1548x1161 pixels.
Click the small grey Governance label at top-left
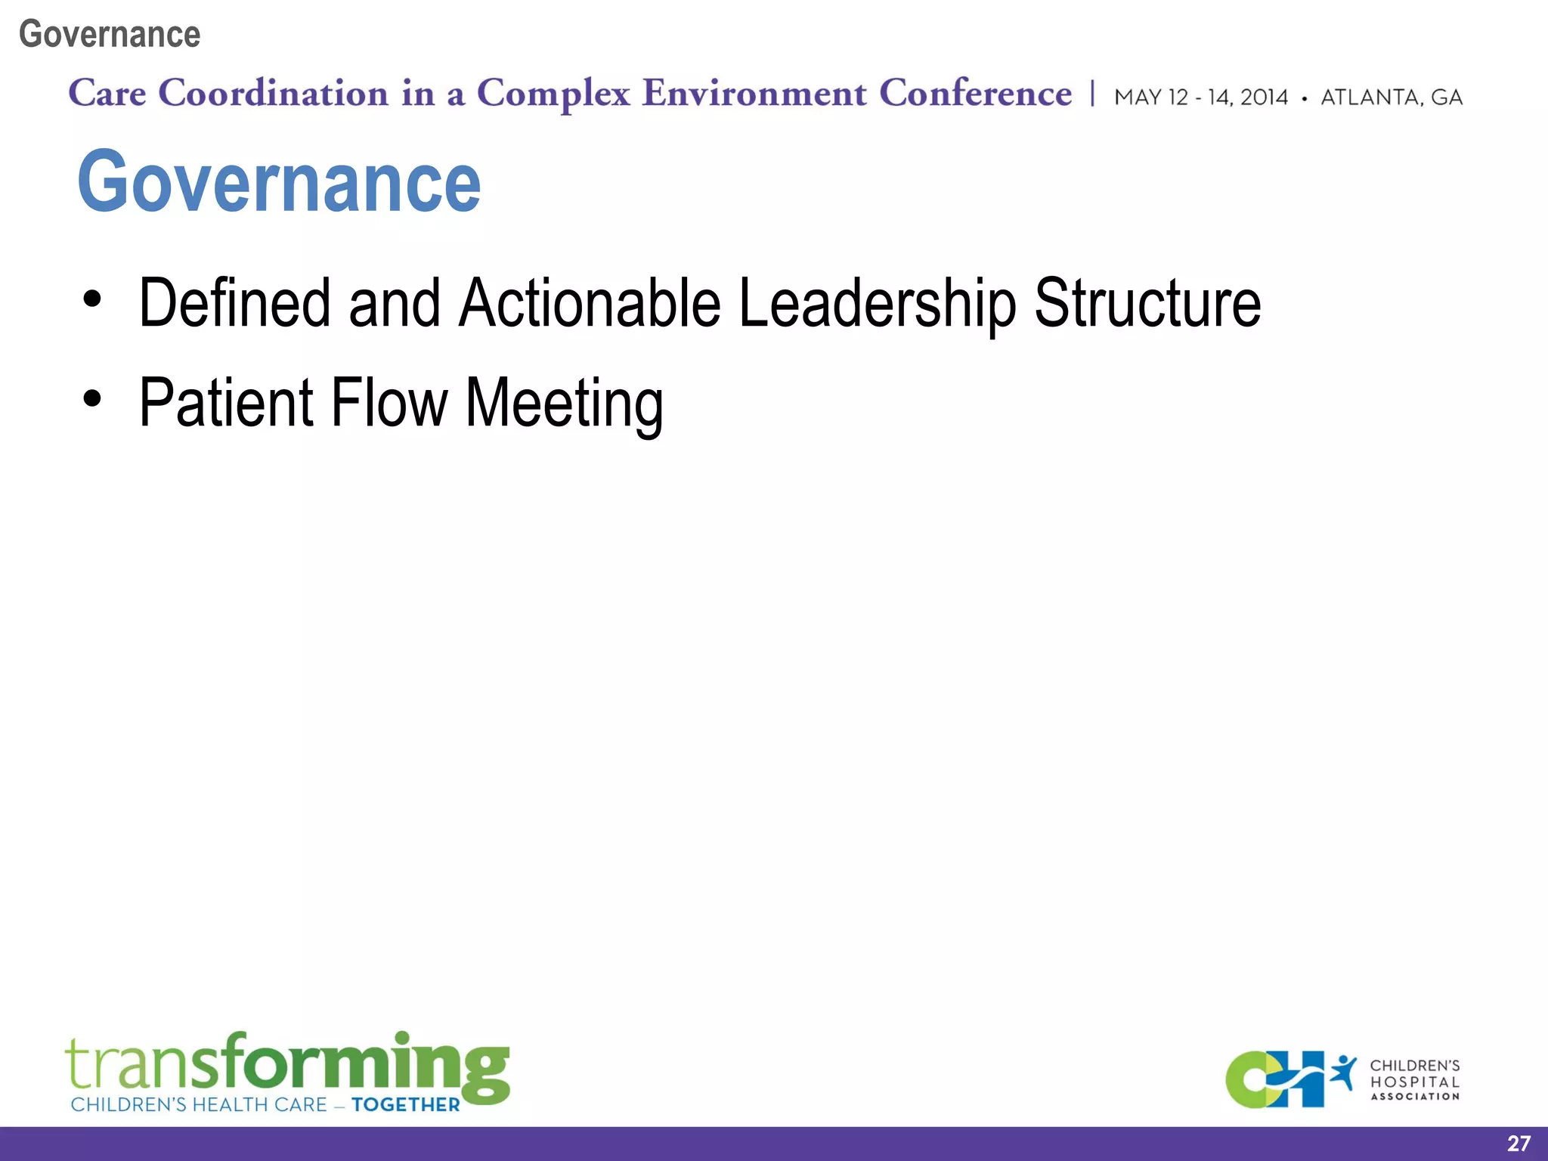110,35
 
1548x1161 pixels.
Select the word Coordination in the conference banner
273,94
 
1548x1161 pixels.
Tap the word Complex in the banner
553,94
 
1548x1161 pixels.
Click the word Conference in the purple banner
975,94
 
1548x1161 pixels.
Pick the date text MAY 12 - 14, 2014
1200,98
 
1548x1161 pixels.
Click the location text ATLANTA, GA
1392,98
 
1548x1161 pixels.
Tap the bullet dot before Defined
92,299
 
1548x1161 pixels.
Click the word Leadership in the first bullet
877,304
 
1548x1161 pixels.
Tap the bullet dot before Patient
92,398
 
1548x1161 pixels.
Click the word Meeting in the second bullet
564,404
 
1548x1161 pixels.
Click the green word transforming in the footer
287,1064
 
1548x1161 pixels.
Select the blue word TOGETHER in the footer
406,1105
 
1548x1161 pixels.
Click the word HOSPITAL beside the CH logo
1415,1082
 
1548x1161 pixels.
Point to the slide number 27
1518,1144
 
